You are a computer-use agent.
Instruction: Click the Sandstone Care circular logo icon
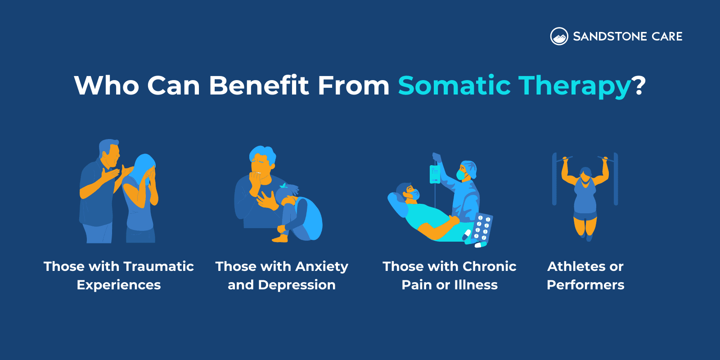[x=559, y=36]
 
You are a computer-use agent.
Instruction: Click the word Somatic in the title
[x=454, y=85]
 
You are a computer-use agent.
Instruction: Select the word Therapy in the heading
[x=575, y=86]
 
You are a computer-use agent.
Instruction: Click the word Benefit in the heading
[x=259, y=85]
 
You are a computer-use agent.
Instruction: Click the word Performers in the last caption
[x=585, y=285]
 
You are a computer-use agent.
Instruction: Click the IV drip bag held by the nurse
[x=435, y=174]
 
